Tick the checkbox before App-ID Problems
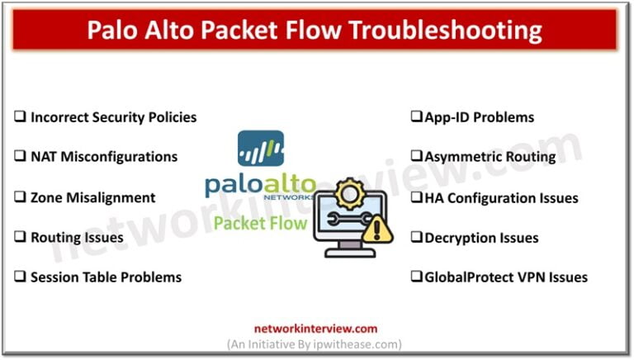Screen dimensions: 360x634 [417, 117]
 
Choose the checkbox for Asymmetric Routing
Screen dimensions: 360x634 [417, 157]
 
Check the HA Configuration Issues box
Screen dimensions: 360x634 [417, 197]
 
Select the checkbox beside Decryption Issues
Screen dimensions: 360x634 [417, 238]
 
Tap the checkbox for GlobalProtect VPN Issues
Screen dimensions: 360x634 [417, 277]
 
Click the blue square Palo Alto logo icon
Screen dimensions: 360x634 [261, 148]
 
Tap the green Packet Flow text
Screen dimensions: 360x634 [260, 223]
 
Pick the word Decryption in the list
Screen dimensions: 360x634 [458, 238]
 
